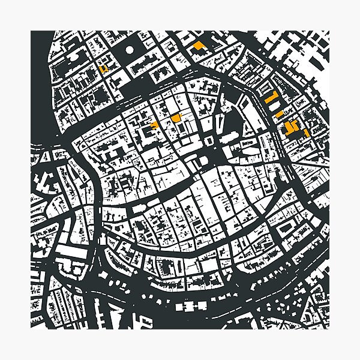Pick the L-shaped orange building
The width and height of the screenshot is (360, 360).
pos(272,99)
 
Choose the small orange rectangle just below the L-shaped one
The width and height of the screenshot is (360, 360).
pos(278,113)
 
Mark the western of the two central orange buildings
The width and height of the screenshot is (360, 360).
pos(154,125)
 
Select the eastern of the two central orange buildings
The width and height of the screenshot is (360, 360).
pos(175,118)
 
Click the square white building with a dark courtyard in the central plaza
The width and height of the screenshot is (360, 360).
pos(209,140)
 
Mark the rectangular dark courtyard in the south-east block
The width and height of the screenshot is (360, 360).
pos(284,227)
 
